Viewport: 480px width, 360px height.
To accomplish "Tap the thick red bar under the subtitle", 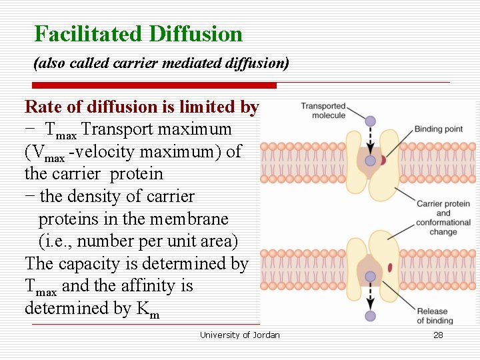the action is click(155, 85).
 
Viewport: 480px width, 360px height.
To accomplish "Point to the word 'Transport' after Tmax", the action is click(116, 129).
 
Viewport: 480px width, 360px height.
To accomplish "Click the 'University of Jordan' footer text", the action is click(240, 335).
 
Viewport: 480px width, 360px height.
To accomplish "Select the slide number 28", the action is click(438, 335).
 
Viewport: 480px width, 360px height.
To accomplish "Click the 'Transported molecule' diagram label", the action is click(323, 111).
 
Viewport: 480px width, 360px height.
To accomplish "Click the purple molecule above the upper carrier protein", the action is click(371, 121).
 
